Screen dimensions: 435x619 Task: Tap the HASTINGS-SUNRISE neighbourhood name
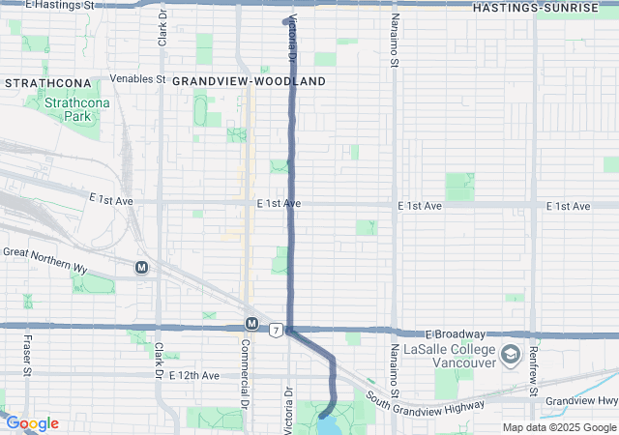pos(535,8)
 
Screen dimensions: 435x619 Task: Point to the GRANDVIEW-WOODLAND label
pos(249,82)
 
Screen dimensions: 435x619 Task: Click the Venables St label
pos(138,78)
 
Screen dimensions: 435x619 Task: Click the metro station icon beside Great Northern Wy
pos(142,267)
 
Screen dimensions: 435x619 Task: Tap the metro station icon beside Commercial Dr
pos(251,323)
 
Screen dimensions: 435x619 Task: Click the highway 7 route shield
pos(277,331)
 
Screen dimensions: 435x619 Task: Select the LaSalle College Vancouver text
pos(449,357)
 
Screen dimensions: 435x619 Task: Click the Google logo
pos(32,423)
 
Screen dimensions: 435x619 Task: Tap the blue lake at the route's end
pos(329,423)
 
